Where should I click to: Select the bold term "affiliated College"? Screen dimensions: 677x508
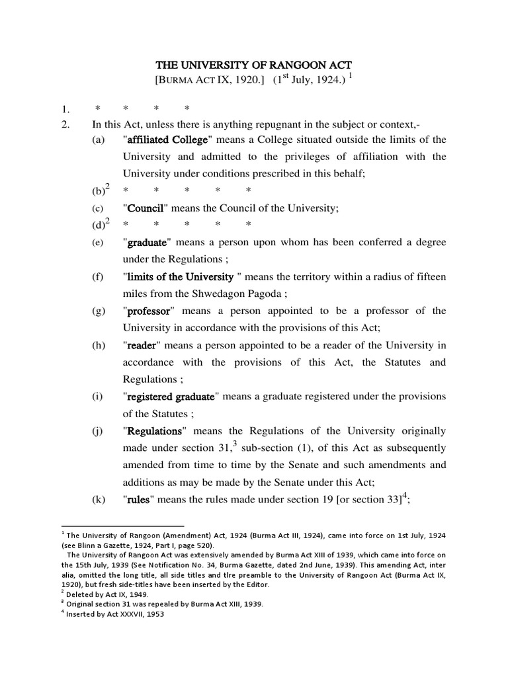(x=167, y=139)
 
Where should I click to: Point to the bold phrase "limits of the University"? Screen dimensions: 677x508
(x=180, y=277)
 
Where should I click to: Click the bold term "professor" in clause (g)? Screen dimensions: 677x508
(x=150, y=311)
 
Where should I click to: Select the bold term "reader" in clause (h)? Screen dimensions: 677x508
(x=140, y=346)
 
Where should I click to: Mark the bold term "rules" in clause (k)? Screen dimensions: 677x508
(x=139, y=500)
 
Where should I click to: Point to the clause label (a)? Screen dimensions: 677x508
(x=99, y=139)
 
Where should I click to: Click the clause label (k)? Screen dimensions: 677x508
(x=99, y=500)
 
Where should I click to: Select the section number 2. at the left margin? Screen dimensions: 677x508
(x=65, y=123)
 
